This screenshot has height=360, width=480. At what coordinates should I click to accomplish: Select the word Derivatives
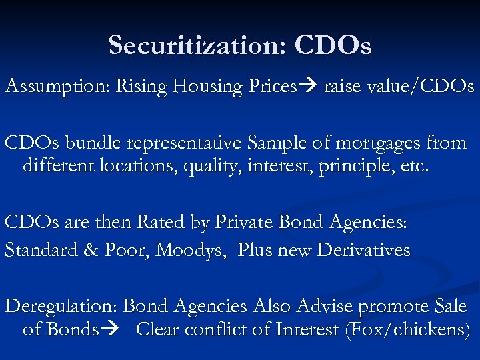coord(363,250)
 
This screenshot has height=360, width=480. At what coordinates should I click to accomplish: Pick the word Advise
coord(323,307)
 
